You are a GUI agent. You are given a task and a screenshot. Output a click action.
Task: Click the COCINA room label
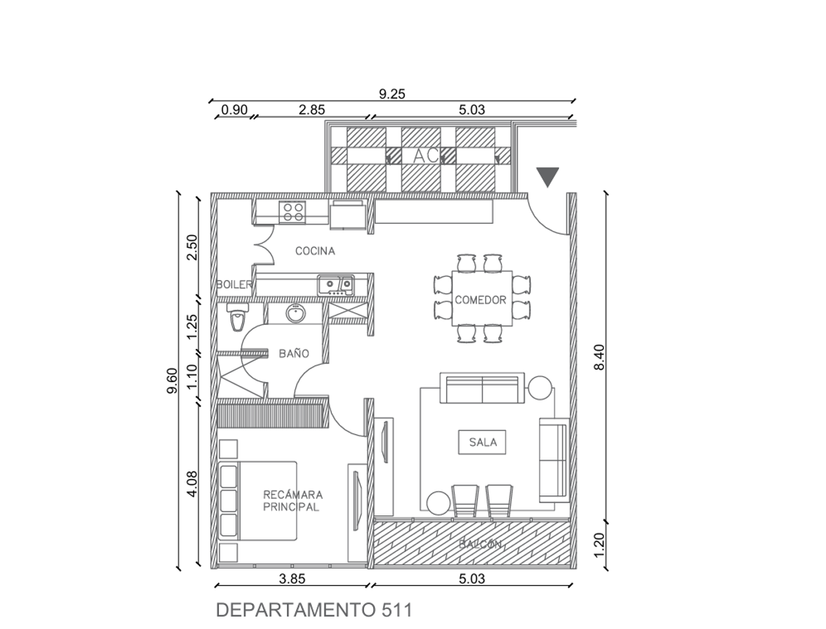[315, 251]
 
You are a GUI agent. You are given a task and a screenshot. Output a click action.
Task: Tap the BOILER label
[234, 284]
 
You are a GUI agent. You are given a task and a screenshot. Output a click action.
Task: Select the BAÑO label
[294, 353]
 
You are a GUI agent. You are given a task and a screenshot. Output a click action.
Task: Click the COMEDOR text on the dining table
[480, 300]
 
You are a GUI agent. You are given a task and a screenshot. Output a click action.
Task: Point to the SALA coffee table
[482, 442]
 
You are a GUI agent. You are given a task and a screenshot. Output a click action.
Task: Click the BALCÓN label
[480, 544]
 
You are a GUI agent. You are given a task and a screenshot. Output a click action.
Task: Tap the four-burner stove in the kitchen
[292, 212]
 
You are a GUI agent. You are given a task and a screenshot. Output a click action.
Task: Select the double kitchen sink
[335, 285]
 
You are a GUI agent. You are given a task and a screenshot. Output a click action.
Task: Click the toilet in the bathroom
[237, 317]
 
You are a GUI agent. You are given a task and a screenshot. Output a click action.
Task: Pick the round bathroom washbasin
[295, 313]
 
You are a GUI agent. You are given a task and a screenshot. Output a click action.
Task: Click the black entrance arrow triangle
[547, 177]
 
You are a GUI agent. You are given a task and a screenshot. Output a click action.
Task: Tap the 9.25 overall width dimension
[392, 94]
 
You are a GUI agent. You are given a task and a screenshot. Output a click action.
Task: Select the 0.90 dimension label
[235, 110]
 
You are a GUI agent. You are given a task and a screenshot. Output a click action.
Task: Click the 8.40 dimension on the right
[599, 357]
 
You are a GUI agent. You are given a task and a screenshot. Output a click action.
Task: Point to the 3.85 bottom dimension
[292, 579]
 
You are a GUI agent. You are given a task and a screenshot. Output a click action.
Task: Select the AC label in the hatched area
[426, 156]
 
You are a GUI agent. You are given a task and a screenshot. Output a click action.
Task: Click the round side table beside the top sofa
[540, 388]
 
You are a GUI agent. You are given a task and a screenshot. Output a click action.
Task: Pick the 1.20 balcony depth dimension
[599, 545]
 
